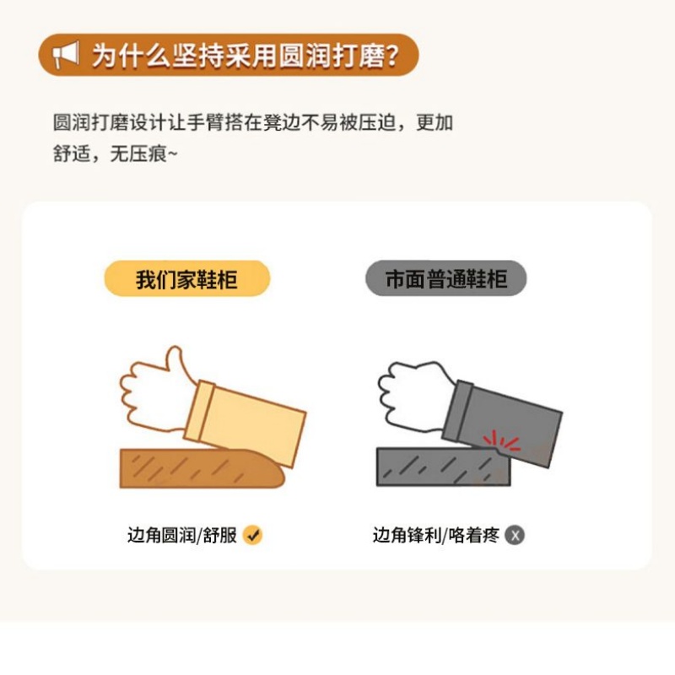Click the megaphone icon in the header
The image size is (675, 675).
(x=65, y=56)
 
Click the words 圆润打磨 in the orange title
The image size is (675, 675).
(x=321, y=56)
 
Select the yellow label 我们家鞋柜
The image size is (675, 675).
(x=186, y=279)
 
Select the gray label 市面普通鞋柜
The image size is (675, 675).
(x=445, y=279)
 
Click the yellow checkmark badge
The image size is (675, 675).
(x=252, y=534)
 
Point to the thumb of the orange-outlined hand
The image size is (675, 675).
(x=174, y=361)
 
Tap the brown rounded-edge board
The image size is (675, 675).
(x=194, y=468)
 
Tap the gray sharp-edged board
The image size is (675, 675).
(x=439, y=467)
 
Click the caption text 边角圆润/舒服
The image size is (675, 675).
(x=182, y=535)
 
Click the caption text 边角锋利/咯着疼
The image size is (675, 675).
(x=436, y=535)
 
